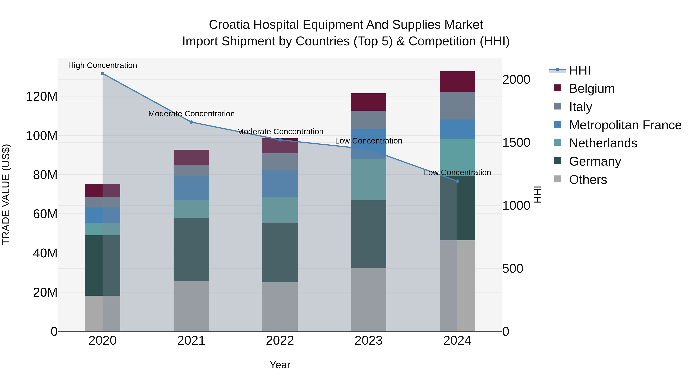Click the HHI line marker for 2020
[x=103, y=74]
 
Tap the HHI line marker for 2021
[x=191, y=122]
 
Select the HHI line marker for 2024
[x=457, y=181]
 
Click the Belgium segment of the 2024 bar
[x=457, y=82]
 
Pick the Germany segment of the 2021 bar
[x=191, y=250]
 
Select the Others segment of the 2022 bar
[x=280, y=307]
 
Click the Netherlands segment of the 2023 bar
[x=368, y=180]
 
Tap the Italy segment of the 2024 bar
[x=457, y=106]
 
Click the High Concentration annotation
[x=103, y=66]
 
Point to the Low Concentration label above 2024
[x=457, y=173]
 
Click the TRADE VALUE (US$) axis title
[x=6, y=194]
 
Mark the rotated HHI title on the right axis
[x=537, y=194]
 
